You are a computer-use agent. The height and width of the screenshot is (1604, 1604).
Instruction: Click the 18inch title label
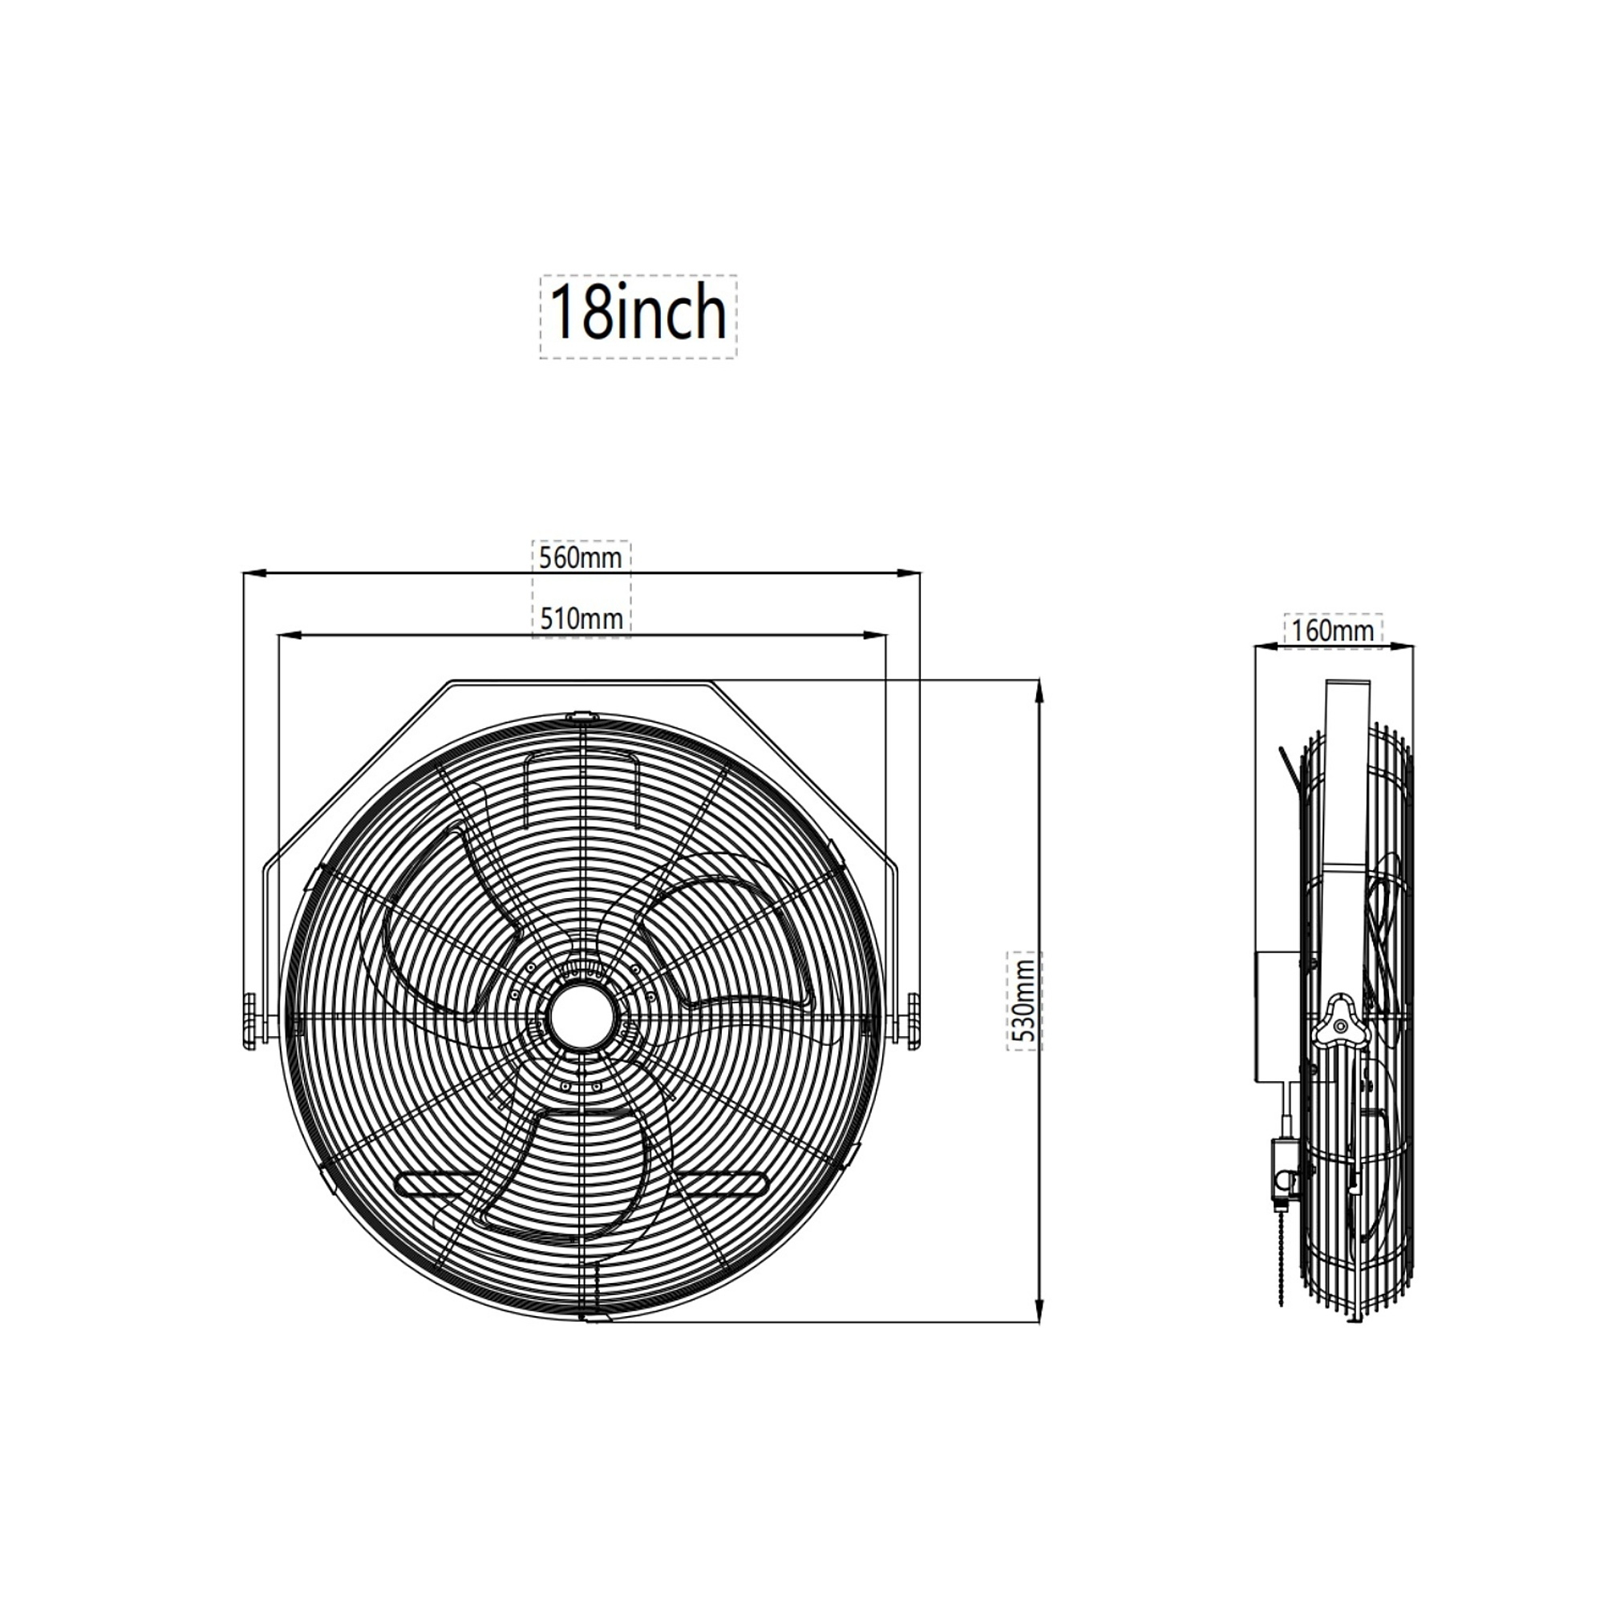click(x=638, y=313)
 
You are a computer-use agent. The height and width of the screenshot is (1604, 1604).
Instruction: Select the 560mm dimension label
click(x=581, y=557)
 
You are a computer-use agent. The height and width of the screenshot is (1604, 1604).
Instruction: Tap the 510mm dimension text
click(x=581, y=618)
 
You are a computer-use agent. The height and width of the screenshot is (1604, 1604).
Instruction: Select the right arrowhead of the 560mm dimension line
click(x=910, y=572)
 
